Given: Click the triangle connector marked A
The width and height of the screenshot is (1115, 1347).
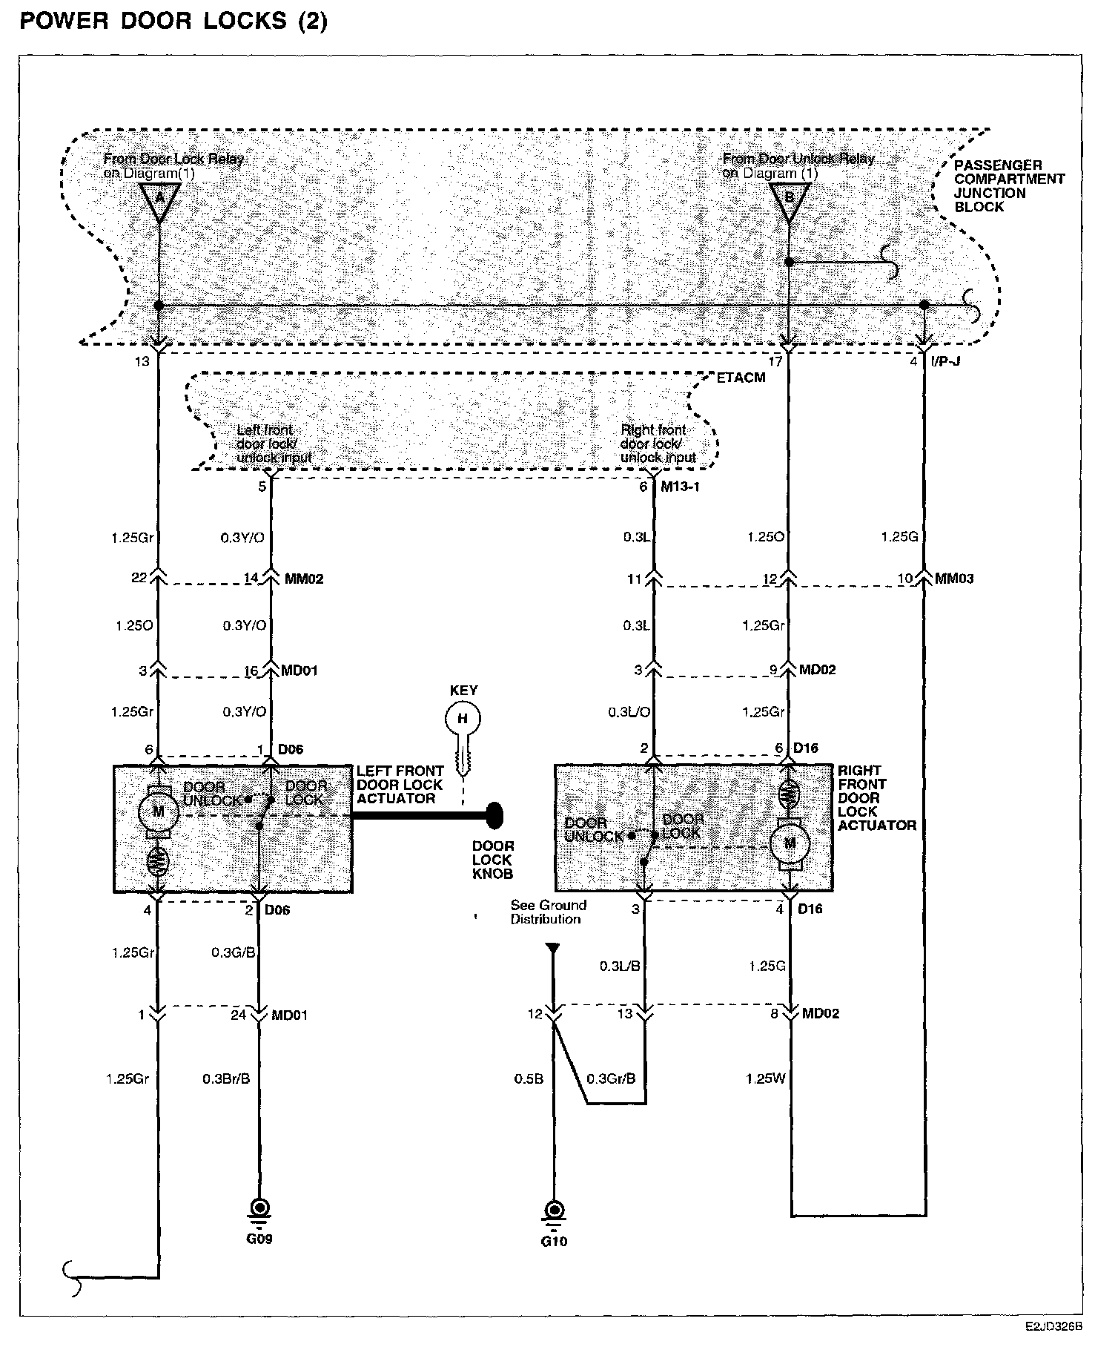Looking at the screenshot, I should tap(159, 200).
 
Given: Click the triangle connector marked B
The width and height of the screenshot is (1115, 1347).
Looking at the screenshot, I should tap(789, 200).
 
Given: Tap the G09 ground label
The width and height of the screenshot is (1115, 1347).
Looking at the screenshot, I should tap(259, 1239).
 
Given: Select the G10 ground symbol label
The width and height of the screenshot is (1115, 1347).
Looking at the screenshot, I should tap(554, 1241).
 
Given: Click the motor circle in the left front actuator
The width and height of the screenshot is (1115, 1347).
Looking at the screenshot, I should tap(158, 811).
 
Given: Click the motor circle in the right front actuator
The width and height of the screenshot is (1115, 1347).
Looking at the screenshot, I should tap(789, 843).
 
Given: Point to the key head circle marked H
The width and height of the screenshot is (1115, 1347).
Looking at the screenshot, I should tap(463, 718).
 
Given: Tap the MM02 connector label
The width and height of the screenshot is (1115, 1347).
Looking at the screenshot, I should tap(304, 579).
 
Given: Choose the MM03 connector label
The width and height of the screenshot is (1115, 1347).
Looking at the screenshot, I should tap(954, 579).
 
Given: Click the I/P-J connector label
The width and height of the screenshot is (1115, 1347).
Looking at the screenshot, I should tap(946, 363).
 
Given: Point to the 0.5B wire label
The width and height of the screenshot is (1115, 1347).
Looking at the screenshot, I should tap(529, 1078).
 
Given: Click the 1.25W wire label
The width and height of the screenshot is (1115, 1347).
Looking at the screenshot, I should tap(765, 1078).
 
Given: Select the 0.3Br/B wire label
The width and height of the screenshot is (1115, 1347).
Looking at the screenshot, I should tap(226, 1078).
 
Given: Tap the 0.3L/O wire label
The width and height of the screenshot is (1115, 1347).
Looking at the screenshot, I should tap(629, 712).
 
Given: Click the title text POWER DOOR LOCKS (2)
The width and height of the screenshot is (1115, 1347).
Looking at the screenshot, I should tap(173, 21).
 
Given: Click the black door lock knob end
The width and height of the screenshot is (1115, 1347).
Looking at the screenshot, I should tap(494, 816).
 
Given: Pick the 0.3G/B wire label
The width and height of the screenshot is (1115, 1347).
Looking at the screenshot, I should tap(234, 952).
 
